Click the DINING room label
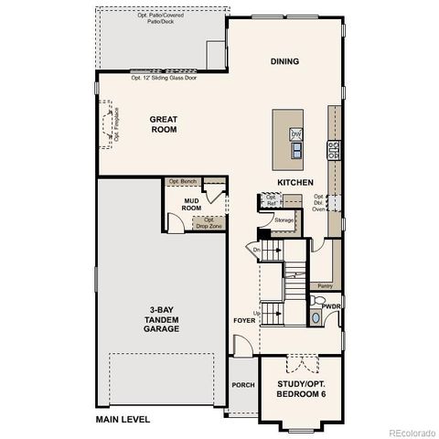tap(284, 61)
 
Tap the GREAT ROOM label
tap(165, 124)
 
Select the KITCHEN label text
tap(290, 182)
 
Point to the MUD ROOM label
tap(191, 204)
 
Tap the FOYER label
tap(243, 321)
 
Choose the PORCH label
tap(242, 385)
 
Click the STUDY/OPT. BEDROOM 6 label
tap(301, 389)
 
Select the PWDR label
tap(330, 306)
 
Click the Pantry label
tap(325, 286)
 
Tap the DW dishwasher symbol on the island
tap(295, 134)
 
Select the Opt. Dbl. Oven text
tap(319, 202)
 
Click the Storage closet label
tap(284, 219)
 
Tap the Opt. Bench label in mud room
tap(182, 182)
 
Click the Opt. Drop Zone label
tap(209, 222)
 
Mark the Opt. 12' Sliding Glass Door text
tap(165, 77)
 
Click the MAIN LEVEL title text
tap(123, 419)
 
